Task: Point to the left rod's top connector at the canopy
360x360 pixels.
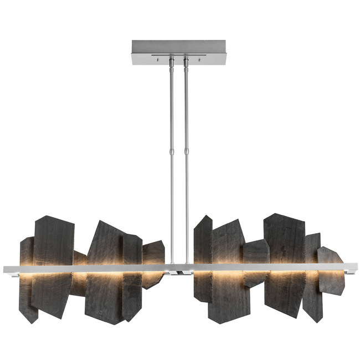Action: [171, 61]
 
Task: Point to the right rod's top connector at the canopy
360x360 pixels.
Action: [186, 61]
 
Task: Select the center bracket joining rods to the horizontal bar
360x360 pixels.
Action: [179, 271]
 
